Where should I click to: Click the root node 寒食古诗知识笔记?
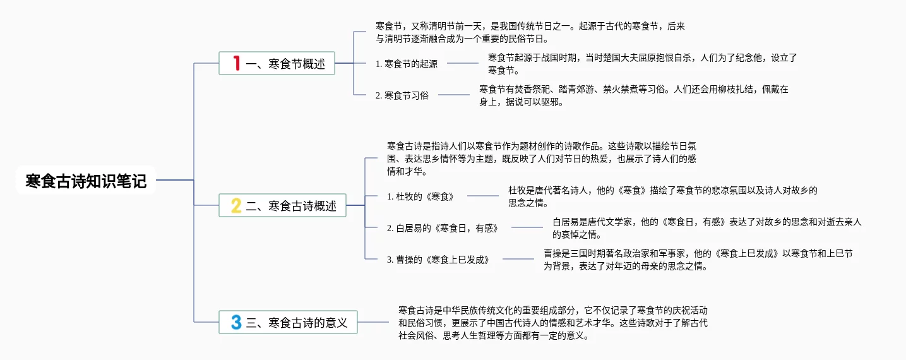coord(86,181)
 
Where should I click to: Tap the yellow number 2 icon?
coord(236,205)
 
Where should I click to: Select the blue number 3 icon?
coord(236,322)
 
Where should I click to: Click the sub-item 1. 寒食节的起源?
coord(406,63)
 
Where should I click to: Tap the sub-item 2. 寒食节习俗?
coord(402,95)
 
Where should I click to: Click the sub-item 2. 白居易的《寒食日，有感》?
coord(442,228)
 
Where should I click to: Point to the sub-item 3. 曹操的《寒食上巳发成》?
coord(438,260)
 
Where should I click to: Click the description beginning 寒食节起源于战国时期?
coord(642,63)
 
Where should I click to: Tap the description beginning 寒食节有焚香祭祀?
coord(633,95)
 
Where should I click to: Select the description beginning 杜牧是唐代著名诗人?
coord(662,196)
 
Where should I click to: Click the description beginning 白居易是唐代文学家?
coord(706,228)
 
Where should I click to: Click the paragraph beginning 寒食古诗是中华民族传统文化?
coord(552,323)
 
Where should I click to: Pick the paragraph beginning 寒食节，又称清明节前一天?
coord(530,32)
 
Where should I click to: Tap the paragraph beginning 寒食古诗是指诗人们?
coord(541,159)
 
